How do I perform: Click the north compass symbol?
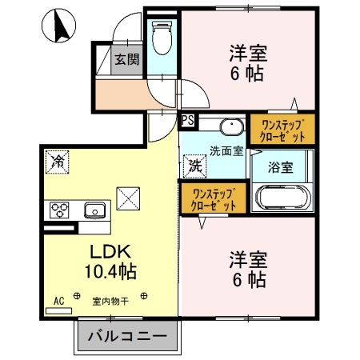58,26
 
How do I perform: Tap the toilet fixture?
162,38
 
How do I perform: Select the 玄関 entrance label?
127,59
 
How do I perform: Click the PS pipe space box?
188,120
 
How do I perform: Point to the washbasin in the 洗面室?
232,126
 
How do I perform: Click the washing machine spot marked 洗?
195,166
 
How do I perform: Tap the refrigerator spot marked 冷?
58,162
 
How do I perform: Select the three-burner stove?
59,210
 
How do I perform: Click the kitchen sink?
94,210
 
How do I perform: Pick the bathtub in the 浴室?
282,198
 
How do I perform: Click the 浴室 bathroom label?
281,167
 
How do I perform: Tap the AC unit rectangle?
58,310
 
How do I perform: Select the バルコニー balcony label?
127,336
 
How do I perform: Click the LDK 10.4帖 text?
110,262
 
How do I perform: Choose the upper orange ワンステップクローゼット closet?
282,130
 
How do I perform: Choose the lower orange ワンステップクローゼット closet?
214,198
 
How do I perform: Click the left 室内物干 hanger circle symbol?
77,296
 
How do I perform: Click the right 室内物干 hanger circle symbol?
144,296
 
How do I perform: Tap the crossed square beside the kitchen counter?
128,198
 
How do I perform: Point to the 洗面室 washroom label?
226,151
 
